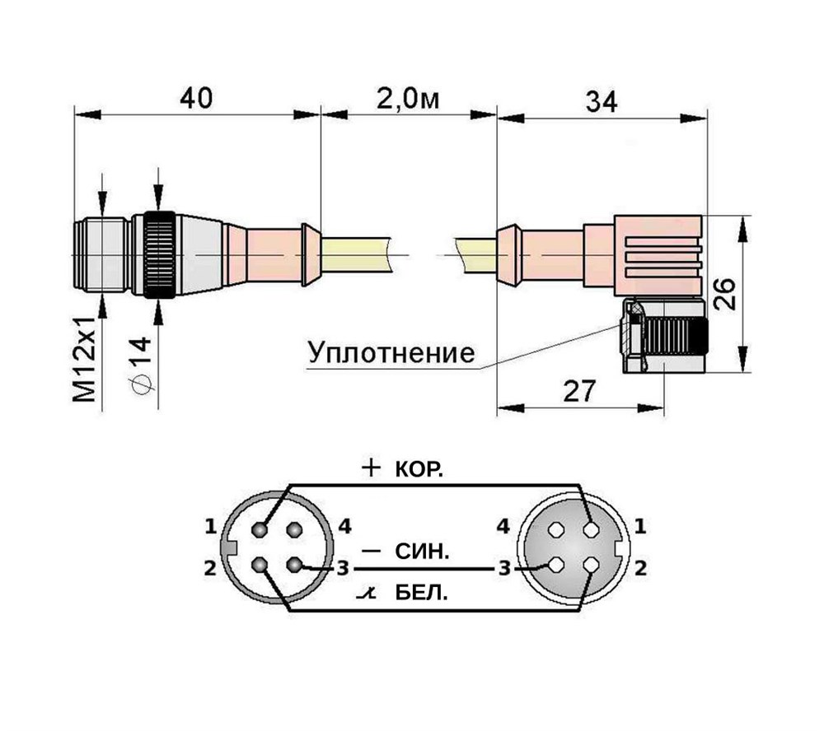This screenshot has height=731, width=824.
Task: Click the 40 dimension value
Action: tap(197, 99)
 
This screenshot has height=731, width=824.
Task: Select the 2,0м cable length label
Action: tap(408, 99)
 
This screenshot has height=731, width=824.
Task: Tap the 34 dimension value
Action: tap(602, 101)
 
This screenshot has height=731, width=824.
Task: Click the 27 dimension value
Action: tap(579, 390)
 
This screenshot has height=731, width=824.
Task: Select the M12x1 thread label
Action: tap(85, 360)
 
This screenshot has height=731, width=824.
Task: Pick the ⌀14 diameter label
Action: tap(140, 365)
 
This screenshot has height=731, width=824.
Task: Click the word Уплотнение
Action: tap(391, 353)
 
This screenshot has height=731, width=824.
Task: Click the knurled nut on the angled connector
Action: tap(675, 338)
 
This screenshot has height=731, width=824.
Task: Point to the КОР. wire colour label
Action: tap(419, 469)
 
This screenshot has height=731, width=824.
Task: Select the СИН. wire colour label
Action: tap(422, 552)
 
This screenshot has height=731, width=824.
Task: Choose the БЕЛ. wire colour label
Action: tap(421, 594)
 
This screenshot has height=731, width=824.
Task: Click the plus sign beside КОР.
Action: tap(371, 467)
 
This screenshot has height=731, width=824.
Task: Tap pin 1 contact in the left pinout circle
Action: tap(259, 529)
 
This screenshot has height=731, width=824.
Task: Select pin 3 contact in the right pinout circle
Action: tap(556, 565)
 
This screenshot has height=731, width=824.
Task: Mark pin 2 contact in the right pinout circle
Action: tap(592, 565)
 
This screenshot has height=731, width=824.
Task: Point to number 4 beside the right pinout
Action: tap(503, 526)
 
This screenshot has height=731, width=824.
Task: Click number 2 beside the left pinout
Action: tap(210, 568)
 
